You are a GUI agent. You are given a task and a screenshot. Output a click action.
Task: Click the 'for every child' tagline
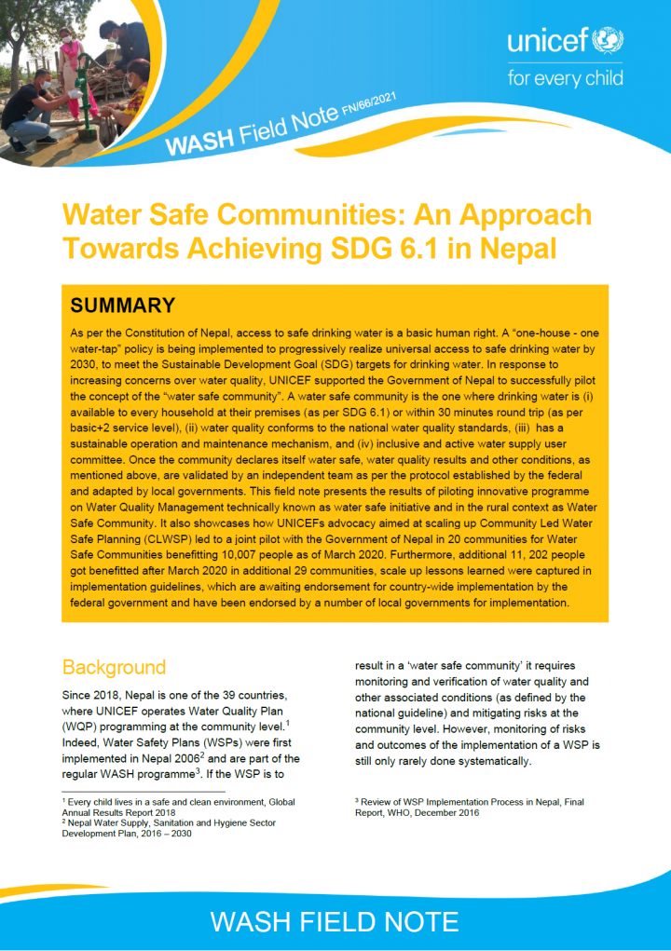click(565, 78)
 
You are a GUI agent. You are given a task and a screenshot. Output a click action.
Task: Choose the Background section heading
click(114, 667)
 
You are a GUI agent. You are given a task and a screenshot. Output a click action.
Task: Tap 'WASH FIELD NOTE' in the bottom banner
click(335, 921)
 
